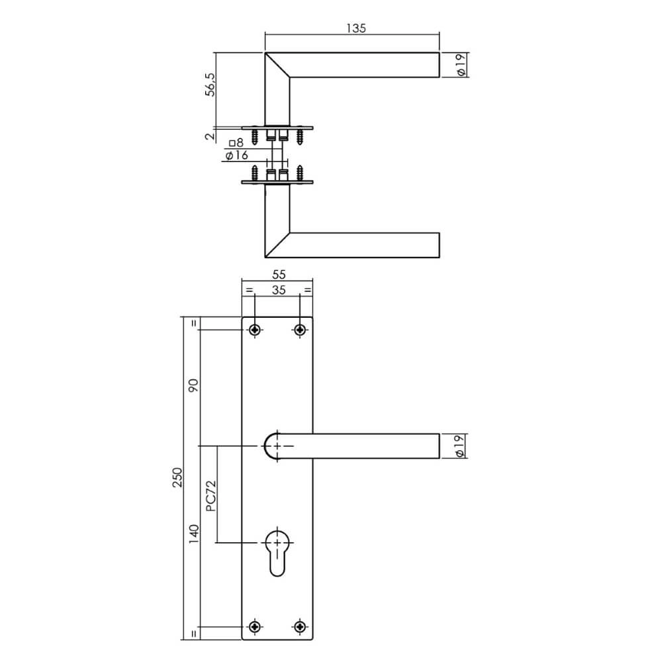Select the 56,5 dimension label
tap(209, 85)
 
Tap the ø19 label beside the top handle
tap(461, 65)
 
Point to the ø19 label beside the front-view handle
tap(461, 446)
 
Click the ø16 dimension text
tap(236, 156)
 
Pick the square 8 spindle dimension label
tap(236, 143)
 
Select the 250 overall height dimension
tap(177, 479)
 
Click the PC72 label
tap(210, 496)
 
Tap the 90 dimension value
tap(194, 387)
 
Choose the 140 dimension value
tap(194, 534)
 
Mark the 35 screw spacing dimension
tap(277, 289)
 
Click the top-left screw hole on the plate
tap(255, 329)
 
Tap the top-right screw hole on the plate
tap(300, 329)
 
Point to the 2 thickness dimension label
tap(209, 136)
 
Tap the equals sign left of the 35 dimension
tap(249, 290)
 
